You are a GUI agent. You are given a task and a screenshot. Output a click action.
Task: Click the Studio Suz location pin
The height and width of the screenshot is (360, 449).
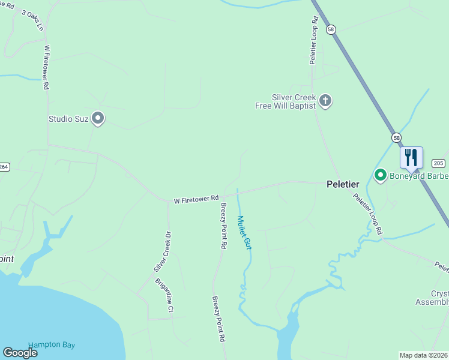[98, 118]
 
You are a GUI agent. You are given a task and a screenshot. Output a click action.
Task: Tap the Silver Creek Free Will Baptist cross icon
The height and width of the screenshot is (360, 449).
[325, 100]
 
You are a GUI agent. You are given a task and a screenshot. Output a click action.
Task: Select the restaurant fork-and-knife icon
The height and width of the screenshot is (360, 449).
[411, 157]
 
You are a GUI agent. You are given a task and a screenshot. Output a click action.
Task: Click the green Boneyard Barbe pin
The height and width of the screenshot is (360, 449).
[380, 175]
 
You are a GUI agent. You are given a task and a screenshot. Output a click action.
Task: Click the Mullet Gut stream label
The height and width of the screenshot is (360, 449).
[244, 232]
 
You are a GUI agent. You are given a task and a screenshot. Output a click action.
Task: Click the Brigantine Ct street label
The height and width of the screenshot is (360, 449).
[164, 295]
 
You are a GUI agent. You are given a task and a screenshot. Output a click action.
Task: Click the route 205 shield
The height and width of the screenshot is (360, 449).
[438, 163]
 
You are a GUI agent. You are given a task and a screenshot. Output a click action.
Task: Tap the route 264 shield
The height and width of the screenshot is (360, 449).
[4, 167]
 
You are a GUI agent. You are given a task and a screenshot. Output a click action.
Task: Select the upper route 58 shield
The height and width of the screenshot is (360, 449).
[331, 29]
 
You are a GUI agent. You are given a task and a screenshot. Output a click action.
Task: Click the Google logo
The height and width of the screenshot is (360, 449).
[20, 353]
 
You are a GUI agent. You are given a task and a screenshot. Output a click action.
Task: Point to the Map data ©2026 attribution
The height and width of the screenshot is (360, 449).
[423, 355]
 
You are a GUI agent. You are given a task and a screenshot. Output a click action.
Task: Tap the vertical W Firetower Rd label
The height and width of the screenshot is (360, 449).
[46, 66]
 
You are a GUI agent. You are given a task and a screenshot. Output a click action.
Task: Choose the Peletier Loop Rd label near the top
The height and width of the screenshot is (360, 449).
[313, 41]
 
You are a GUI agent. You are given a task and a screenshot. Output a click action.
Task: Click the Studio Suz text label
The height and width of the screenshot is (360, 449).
[68, 119]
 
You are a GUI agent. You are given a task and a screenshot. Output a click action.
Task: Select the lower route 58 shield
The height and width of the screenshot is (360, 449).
[396, 137]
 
